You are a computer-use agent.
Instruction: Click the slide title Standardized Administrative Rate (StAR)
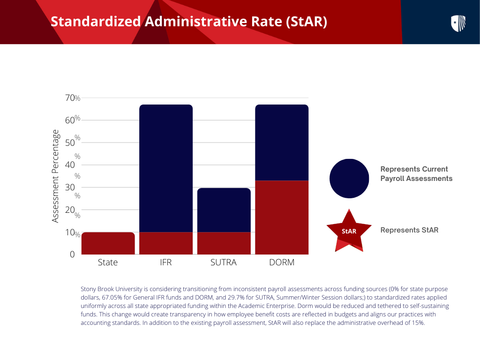coord(188,22)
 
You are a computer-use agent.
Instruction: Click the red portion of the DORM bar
coord(282,217)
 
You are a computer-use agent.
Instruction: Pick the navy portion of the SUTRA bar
coord(224,210)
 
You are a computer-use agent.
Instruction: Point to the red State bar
coord(108,243)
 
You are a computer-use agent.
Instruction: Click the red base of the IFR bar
coord(166,243)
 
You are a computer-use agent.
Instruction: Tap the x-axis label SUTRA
coord(224,262)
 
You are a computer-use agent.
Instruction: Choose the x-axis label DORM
coord(282,262)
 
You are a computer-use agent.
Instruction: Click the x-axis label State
coord(108,262)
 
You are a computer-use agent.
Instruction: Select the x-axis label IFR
coord(166,262)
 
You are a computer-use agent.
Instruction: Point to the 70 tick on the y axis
coord(70,98)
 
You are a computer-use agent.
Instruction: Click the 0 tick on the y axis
coord(72,255)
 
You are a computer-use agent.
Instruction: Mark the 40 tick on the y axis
coord(70,165)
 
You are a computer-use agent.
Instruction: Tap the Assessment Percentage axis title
coord(56,176)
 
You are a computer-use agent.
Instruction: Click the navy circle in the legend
coord(349,179)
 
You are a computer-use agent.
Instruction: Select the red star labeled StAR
coord(349,230)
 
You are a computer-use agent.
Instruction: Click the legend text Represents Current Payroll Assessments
coord(416,174)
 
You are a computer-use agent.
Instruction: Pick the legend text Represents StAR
coord(409,230)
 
